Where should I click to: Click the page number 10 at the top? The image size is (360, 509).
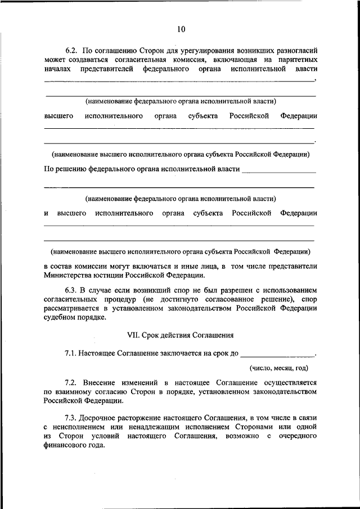point(180,29)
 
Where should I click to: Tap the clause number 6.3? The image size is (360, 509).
point(69,289)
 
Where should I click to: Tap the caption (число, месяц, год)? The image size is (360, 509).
point(279,368)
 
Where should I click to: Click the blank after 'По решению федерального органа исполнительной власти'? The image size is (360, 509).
point(278,169)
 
